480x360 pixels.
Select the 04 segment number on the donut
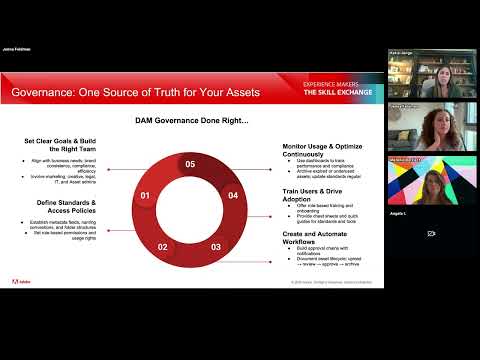(233, 195)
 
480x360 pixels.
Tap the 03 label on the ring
(215, 245)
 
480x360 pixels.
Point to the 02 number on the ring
(163, 245)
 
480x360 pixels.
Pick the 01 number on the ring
(145, 195)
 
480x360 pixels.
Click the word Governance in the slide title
(46, 93)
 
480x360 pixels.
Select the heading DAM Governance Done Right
(191, 121)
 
